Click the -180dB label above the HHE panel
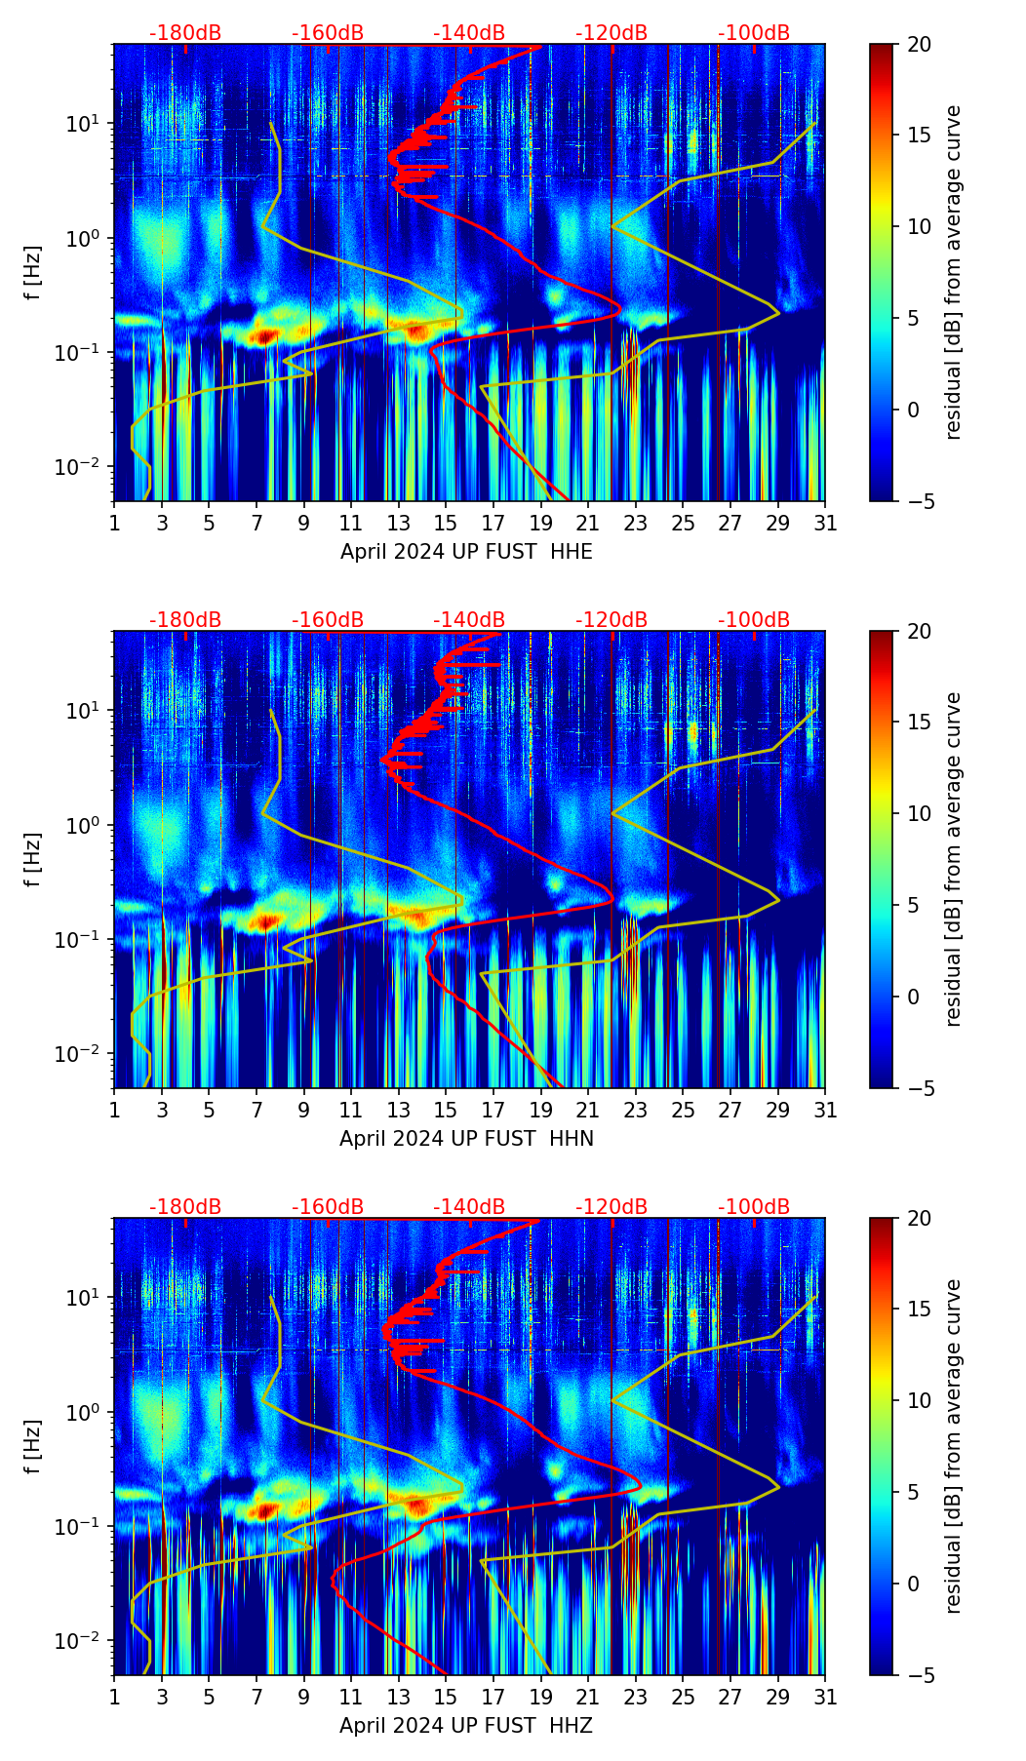pyautogui.click(x=185, y=33)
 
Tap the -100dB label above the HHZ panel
pyautogui.click(x=754, y=1207)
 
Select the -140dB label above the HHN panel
pyautogui.click(x=469, y=620)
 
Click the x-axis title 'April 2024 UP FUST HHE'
pyautogui.click(x=466, y=552)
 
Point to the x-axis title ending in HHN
pyautogui.click(x=466, y=1139)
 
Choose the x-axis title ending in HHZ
pyautogui.click(x=466, y=1726)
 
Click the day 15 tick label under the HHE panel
pyautogui.click(x=445, y=523)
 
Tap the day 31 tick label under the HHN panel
pyautogui.click(x=824, y=1110)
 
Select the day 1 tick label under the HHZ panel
pyautogui.click(x=114, y=1697)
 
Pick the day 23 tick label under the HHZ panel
pyautogui.click(x=635, y=1697)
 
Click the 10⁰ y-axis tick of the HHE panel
pyautogui.click(x=85, y=238)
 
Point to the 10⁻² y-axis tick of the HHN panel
pyautogui.click(x=81, y=1054)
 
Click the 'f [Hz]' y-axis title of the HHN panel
pyautogui.click(x=33, y=859)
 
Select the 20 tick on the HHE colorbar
pyautogui.click(x=918, y=45)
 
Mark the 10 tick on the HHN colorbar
pyautogui.click(x=918, y=813)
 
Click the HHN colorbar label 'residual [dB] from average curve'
pyautogui.click(x=954, y=859)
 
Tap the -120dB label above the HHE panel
pyautogui.click(x=612, y=33)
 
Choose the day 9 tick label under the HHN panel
pyautogui.click(x=303, y=1110)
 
